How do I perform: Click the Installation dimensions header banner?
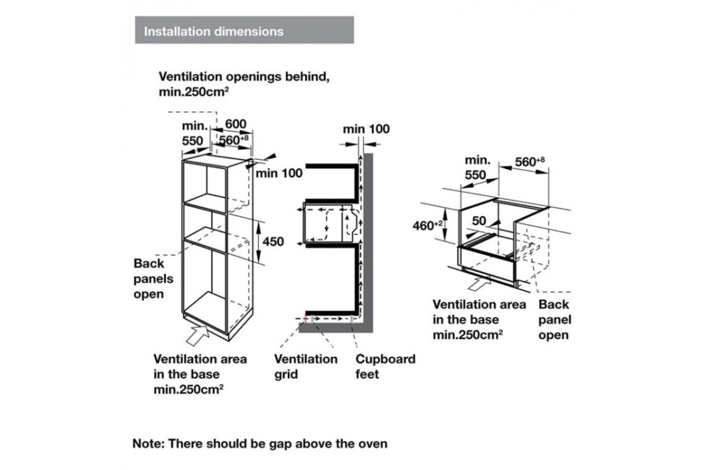[244, 31]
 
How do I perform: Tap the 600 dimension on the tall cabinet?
[235, 124]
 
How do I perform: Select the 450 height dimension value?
[273, 242]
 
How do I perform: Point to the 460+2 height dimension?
[427, 226]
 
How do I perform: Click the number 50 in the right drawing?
[479, 220]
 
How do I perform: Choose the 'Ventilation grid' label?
[305, 367]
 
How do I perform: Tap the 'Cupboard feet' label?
[385, 367]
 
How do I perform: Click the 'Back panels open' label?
[153, 279]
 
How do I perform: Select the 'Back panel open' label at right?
[554, 320]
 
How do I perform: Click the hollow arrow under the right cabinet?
[481, 283]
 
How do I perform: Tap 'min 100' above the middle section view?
[366, 129]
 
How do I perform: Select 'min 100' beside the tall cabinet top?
[279, 173]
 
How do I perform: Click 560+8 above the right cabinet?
[529, 162]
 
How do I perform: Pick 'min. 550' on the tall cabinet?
[193, 133]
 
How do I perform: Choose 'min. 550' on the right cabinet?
[476, 167]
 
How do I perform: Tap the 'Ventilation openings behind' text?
[244, 77]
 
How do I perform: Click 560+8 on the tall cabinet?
[233, 140]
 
